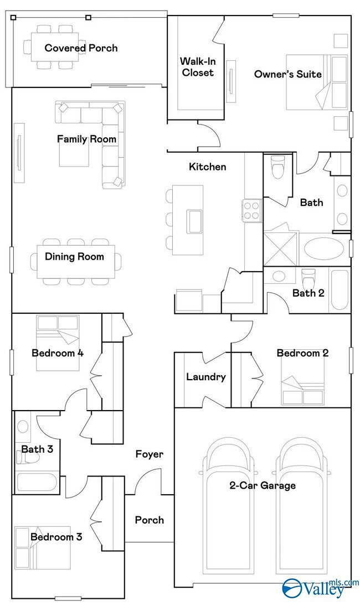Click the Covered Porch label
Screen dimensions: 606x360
81,48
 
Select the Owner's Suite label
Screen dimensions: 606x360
287,74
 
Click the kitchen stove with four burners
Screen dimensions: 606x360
251,210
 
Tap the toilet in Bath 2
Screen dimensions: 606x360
308,277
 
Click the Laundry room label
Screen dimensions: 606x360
205,377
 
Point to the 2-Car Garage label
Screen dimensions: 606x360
263,485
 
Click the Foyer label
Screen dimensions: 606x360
150,454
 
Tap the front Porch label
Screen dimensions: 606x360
149,520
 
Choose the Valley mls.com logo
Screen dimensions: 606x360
320,587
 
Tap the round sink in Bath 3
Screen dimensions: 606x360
23,427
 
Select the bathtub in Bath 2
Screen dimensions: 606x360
338,289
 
